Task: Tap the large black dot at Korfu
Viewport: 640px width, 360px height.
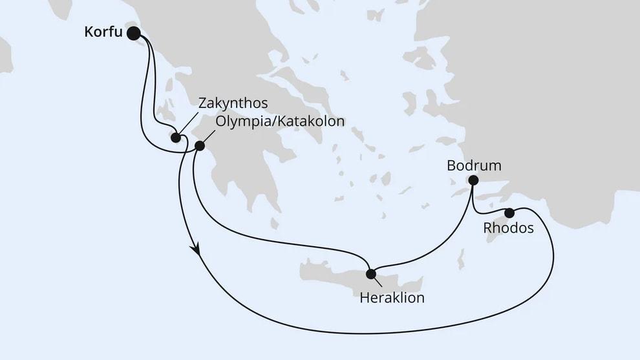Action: tap(134, 33)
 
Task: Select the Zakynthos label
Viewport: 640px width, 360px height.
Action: tap(233, 103)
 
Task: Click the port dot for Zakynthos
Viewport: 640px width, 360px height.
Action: tap(175, 137)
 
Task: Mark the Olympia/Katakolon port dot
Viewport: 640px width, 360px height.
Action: tap(199, 147)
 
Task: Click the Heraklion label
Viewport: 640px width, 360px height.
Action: tap(392, 298)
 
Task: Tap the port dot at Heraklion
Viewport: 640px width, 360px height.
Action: tap(370, 273)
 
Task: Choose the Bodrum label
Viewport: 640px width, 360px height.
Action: tap(474, 165)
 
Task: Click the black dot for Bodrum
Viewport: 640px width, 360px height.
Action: tap(473, 180)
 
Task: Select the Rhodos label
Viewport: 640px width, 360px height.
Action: tap(508, 228)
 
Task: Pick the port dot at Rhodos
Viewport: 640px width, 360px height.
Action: tap(509, 213)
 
